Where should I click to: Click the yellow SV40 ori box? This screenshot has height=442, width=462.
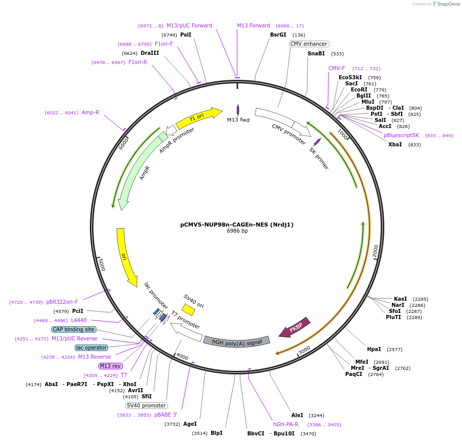188,309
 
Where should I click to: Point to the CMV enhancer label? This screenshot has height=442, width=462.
309,44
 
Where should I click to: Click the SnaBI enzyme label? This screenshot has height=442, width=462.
316,53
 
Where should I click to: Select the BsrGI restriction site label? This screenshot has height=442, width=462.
278,35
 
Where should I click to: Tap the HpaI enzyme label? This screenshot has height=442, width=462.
374,350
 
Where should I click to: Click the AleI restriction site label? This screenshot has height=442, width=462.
297,415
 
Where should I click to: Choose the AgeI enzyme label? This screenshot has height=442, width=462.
190,424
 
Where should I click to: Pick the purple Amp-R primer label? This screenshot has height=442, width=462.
90,113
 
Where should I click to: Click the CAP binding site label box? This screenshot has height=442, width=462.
73,329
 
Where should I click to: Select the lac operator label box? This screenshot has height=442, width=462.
91,348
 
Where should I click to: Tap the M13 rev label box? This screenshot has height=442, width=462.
110,366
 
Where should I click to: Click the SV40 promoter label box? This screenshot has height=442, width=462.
146,405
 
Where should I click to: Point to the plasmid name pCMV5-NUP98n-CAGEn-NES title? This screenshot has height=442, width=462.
237,224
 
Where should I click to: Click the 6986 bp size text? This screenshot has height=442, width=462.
237,231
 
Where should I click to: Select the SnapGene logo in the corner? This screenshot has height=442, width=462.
442,4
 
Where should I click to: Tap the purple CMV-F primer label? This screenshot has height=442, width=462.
337,69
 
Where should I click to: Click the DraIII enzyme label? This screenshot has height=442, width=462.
150,53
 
